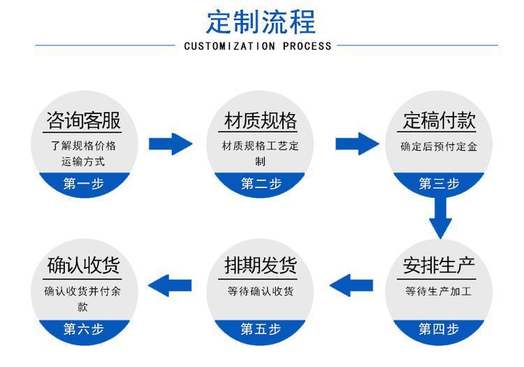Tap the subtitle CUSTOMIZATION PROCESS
coord(257,46)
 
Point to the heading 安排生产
coord(439,266)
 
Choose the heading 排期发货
coord(261,266)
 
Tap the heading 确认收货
coord(83,266)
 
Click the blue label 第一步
coord(83,184)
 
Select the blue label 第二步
coord(261,184)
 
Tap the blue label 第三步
coord(439,184)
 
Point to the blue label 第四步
coord(439,329)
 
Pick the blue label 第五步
coord(261,329)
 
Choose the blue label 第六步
coord(83,329)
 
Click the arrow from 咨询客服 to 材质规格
coord(170,144)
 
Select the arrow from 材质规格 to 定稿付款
coord(356,144)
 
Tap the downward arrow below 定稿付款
coord(440,217)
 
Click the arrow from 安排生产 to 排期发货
coord(351,285)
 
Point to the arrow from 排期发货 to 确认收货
coord(170,285)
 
